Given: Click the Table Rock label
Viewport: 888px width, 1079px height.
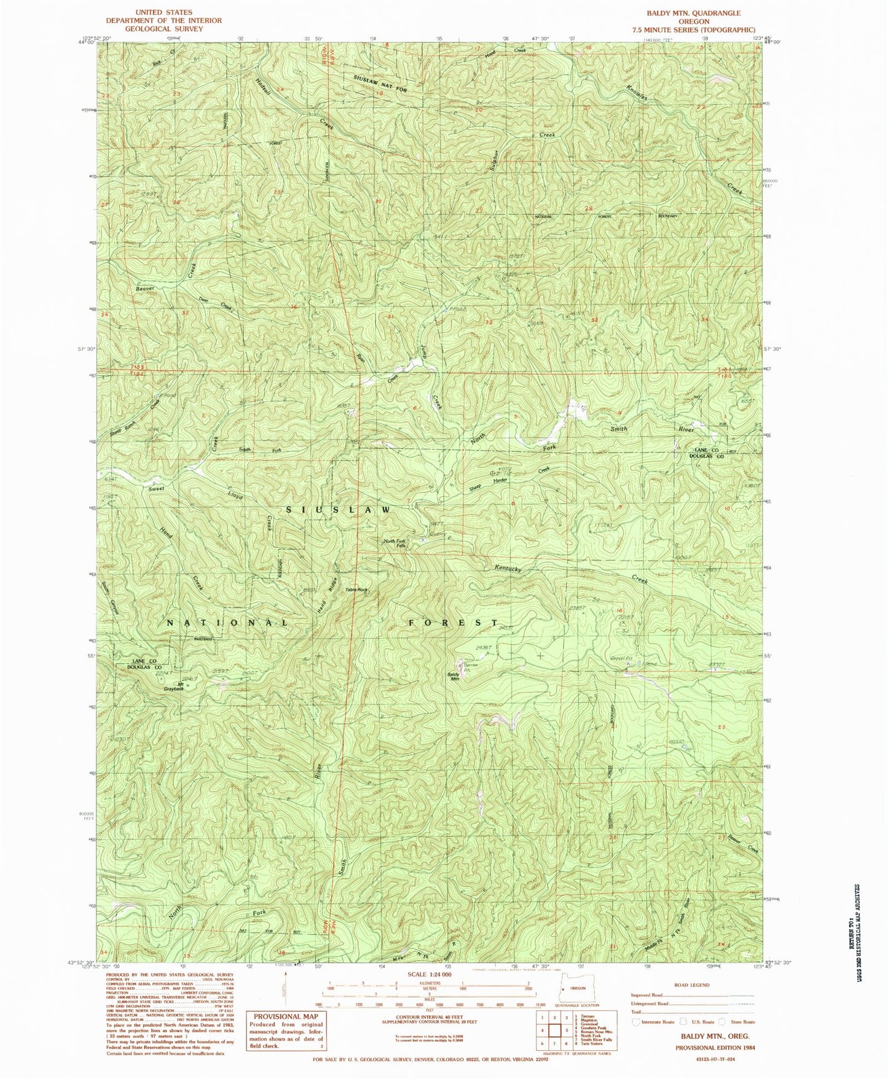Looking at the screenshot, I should coord(356,590).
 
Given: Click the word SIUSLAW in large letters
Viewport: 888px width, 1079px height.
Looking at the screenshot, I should coord(337,510).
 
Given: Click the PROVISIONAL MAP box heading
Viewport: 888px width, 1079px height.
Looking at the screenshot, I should coord(286,1016).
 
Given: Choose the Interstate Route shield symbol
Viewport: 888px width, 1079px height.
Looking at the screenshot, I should coord(635,1023).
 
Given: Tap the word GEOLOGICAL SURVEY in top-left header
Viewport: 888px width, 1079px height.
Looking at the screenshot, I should coord(163,28).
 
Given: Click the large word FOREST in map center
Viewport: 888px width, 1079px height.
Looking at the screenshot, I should coord(454,623).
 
